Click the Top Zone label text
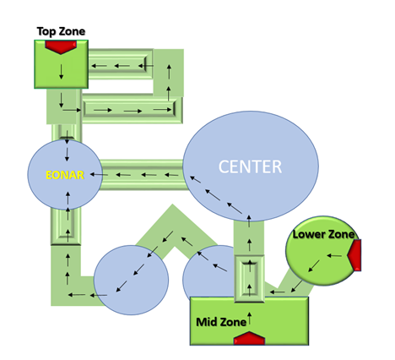click(x=61, y=31)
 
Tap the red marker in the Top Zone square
click(x=61, y=46)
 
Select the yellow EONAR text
click(x=65, y=175)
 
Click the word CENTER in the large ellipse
click(x=250, y=166)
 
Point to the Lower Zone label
click(x=323, y=234)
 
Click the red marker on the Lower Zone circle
click(x=354, y=255)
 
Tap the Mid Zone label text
click(x=221, y=322)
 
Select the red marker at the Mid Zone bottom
click(x=249, y=338)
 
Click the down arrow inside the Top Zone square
click(x=62, y=72)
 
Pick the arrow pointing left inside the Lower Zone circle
click(x=334, y=256)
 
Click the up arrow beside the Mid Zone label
click(x=249, y=318)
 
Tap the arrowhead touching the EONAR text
click(x=92, y=175)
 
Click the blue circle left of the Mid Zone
click(x=131, y=280)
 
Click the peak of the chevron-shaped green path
click(x=172, y=205)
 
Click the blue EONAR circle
click(x=65, y=175)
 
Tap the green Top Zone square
click(x=62, y=64)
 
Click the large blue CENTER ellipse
click(x=251, y=166)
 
